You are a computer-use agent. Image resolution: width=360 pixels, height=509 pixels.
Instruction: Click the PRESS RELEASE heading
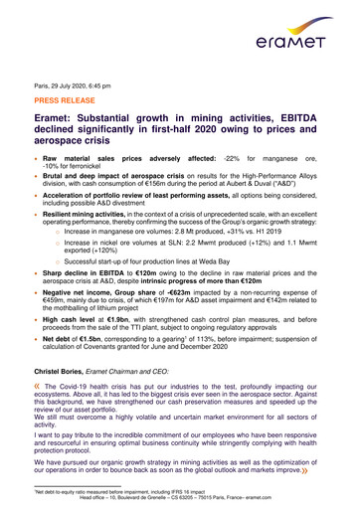tap(69, 101)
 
